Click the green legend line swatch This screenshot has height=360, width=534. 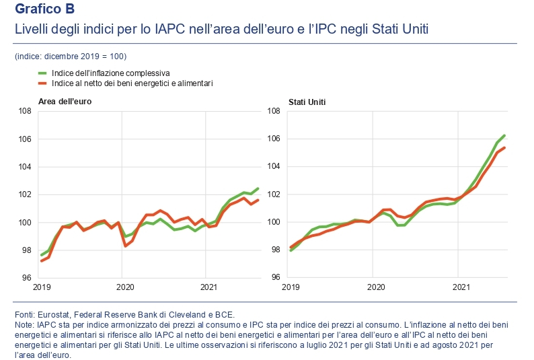[x=42, y=73]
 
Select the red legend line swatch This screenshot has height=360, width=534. [x=42, y=83]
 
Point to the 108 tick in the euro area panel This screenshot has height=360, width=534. [x=24, y=112]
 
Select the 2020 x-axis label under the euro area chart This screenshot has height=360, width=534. [x=122, y=288]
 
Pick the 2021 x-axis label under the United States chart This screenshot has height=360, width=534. [x=461, y=288]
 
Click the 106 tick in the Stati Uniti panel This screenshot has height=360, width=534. [x=274, y=139]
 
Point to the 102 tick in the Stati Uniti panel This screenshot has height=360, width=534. [x=274, y=194]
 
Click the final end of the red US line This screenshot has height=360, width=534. [x=504, y=148]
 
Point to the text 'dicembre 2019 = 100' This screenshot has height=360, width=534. [x=90, y=56]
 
